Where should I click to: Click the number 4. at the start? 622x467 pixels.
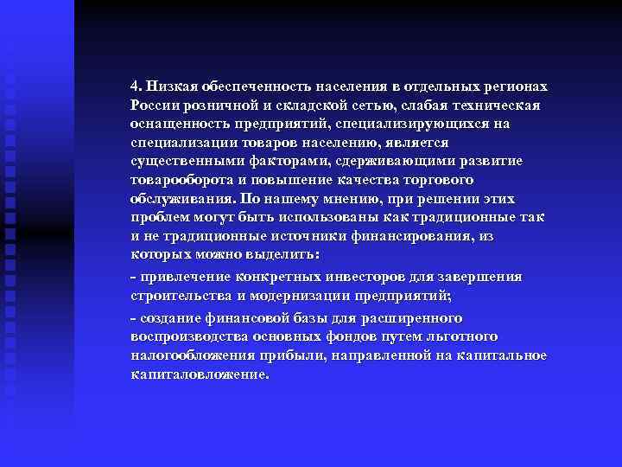coord(136,86)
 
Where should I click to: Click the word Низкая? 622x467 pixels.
coord(170,86)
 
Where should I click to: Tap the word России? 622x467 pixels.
coord(153,106)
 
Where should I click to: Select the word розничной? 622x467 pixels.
coord(216,106)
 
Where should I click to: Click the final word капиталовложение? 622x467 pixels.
coord(200,374)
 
